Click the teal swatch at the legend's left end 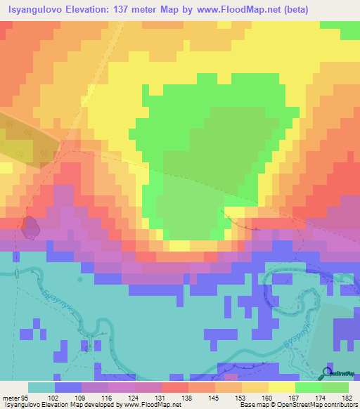coord(41,387)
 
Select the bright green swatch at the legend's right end coord(335,387)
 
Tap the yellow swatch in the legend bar coord(281,387)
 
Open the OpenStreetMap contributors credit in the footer coord(309,405)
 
